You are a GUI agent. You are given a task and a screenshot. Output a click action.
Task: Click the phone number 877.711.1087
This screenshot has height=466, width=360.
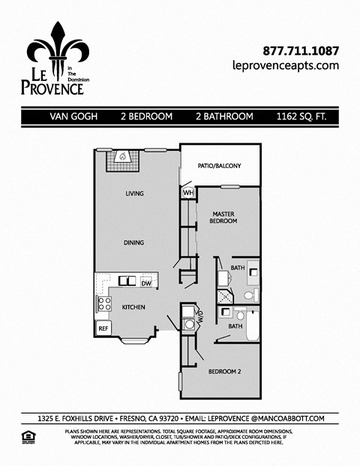click(301, 51)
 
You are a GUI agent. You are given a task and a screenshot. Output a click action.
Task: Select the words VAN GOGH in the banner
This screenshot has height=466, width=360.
click(71, 117)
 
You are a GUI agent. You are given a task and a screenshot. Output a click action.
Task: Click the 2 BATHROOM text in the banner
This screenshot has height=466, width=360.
click(223, 117)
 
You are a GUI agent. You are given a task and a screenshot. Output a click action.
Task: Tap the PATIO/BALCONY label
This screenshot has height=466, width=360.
click(219, 166)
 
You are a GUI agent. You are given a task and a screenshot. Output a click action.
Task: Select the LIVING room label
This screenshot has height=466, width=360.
click(134, 194)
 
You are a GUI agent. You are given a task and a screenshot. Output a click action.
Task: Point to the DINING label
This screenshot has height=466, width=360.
click(134, 242)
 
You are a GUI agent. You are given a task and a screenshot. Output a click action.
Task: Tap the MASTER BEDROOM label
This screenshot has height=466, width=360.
click(223, 218)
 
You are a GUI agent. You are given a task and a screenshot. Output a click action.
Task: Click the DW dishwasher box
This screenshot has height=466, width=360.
click(146, 283)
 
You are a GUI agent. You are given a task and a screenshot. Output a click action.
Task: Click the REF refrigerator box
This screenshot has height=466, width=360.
click(102, 328)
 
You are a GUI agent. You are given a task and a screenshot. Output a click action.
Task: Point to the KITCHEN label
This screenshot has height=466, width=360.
click(133, 307)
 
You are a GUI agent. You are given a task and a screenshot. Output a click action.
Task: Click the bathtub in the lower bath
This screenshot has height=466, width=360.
click(253, 323)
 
